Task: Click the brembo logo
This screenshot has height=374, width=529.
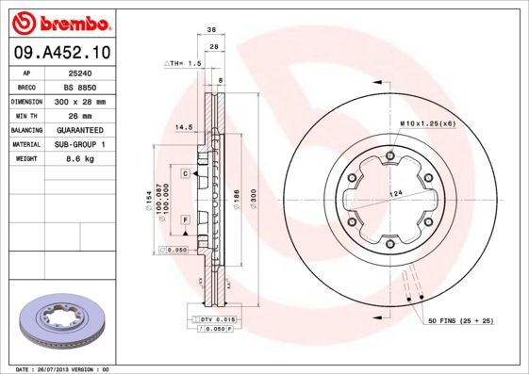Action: click(60, 22)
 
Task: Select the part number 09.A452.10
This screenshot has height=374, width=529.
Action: click(60, 52)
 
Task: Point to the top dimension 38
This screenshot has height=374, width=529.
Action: click(214, 30)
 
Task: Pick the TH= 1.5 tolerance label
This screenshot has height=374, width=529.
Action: click(185, 63)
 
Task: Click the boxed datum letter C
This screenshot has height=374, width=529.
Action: click(186, 173)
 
